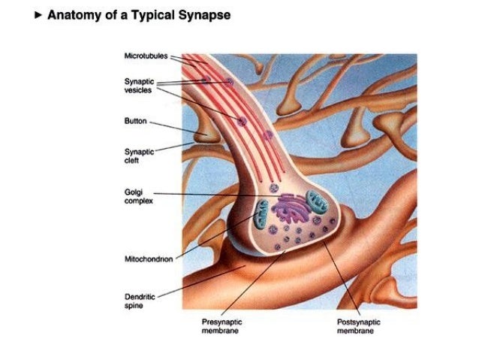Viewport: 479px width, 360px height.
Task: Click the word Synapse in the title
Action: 205,15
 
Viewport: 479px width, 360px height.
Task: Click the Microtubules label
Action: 146,56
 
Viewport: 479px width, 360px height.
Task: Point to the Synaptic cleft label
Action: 137,155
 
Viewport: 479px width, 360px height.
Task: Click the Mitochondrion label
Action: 148,259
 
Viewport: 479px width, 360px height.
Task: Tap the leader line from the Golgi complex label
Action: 218,194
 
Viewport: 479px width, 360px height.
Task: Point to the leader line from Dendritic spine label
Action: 195,278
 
